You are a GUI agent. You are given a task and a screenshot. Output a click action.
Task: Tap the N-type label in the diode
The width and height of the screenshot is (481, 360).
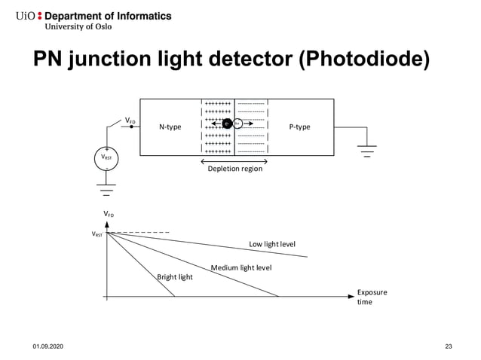click(x=170, y=127)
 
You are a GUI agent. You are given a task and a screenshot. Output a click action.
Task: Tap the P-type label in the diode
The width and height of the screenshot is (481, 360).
click(x=299, y=127)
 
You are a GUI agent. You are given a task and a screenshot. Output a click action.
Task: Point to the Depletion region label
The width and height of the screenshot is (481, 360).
click(x=234, y=169)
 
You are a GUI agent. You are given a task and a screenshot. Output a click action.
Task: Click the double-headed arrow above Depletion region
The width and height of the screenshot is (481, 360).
click(x=234, y=161)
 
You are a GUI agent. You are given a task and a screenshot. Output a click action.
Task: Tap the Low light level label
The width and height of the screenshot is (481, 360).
click(x=272, y=244)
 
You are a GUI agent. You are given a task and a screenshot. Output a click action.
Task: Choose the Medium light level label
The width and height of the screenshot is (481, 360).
click(x=240, y=268)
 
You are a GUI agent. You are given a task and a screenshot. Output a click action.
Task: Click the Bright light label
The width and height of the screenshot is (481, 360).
click(x=174, y=277)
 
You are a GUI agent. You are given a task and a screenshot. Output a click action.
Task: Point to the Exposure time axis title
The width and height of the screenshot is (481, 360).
click(x=371, y=297)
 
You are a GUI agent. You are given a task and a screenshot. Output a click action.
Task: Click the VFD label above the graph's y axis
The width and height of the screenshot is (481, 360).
click(x=109, y=215)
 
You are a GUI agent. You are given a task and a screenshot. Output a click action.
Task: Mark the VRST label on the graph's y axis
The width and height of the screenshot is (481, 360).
click(x=97, y=234)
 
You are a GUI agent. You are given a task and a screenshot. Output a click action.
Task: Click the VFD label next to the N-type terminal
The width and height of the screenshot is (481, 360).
click(x=130, y=119)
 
